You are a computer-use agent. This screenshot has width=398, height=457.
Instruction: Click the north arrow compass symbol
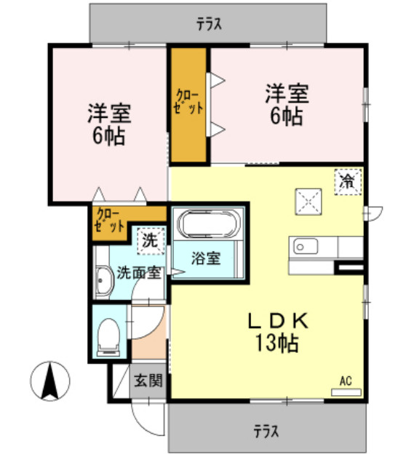coord(50,381)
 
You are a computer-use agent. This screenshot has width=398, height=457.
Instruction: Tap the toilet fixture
coord(108,337)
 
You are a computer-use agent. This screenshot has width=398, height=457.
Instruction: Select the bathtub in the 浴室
coord(209,224)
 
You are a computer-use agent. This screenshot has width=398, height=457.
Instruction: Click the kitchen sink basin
coord(306,247)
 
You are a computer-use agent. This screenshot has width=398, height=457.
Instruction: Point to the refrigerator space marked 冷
coord(348,182)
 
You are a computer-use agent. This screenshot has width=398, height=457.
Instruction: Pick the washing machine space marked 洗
coord(151,241)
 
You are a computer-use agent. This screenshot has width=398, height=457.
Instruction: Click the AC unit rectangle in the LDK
coord(346,392)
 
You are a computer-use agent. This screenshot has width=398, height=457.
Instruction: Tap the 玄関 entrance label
coord(148,381)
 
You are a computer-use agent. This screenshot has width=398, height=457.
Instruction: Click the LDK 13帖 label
coord(277,332)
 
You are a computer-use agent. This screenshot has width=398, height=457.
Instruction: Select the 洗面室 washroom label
coord(139,273)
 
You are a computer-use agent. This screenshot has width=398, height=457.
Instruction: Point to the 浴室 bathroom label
coord(206,258)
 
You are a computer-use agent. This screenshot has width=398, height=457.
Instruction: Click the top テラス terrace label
coord(209,24)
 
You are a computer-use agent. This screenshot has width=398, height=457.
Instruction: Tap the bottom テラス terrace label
coord(266,431)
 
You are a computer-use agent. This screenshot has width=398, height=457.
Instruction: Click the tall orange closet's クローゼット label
coord(188,102)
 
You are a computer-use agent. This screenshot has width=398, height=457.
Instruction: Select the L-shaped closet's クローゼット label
coord(109,220)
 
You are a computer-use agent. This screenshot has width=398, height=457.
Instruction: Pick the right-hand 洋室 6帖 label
coord(287,105)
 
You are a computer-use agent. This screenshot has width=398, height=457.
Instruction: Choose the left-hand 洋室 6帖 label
coord(110,124)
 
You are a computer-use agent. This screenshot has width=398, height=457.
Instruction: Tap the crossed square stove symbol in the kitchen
coord(309,202)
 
